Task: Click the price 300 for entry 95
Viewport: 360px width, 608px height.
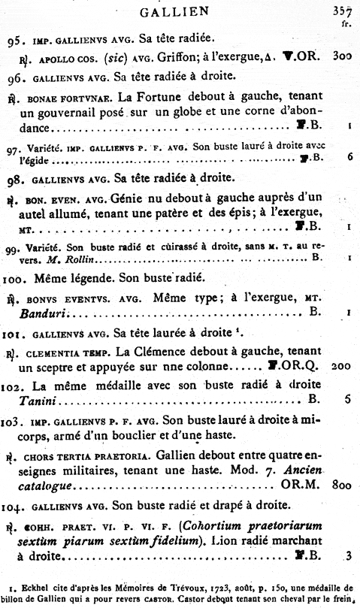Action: coord(343,56)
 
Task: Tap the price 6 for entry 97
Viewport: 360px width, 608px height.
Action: coord(350,158)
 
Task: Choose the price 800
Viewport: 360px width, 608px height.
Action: coord(342,485)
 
